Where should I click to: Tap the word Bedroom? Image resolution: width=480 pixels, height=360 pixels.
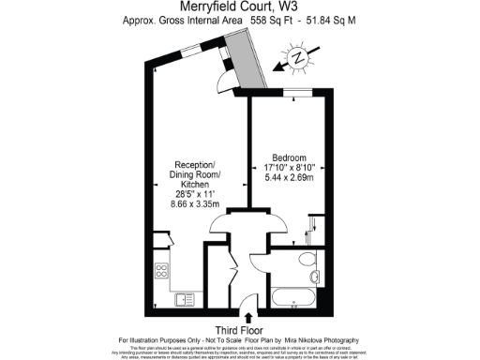tap(289, 157)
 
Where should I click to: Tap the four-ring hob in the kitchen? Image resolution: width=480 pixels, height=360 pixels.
tap(159, 274)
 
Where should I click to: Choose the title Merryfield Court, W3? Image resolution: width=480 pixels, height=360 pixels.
tap(240, 8)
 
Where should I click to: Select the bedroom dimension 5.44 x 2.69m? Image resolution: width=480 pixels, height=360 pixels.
tap(289, 178)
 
